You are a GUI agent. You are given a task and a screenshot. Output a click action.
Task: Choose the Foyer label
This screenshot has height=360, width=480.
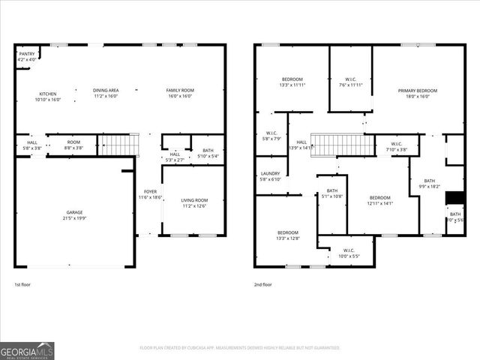[x=150, y=194]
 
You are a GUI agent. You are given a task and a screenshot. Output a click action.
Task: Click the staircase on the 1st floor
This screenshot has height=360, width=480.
[x=120, y=145]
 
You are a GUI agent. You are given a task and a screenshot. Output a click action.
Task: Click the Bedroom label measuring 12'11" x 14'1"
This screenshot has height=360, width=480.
[x=379, y=200]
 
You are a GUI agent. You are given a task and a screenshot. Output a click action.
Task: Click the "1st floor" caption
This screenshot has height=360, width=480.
[x=23, y=285]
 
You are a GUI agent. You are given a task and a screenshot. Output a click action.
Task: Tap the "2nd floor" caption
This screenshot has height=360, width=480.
[x=262, y=285]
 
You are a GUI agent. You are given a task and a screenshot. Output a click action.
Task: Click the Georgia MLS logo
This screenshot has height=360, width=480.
[x=27, y=350]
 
